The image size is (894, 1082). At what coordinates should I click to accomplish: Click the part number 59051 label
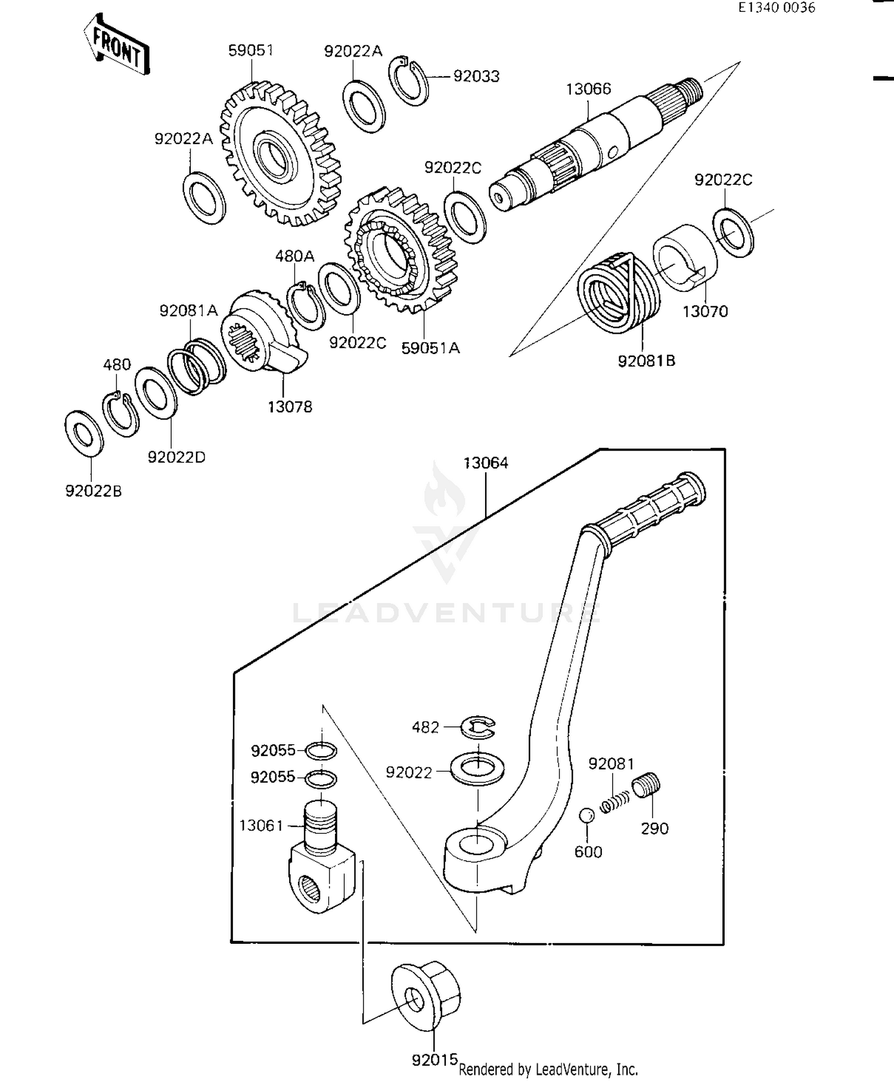(251, 50)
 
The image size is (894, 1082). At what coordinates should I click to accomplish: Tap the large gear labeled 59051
(280, 154)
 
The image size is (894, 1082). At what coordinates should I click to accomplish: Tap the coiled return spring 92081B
(619, 291)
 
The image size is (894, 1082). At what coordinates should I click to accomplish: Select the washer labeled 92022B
(83, 433)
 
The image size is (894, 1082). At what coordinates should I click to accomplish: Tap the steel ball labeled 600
(586, 815)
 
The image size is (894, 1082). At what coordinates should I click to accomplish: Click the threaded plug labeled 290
(647, 785)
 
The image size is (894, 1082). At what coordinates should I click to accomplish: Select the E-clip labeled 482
(480, 726)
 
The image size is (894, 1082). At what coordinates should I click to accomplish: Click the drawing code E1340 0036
(777, 8)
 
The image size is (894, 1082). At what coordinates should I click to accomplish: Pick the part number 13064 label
(486, 463)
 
